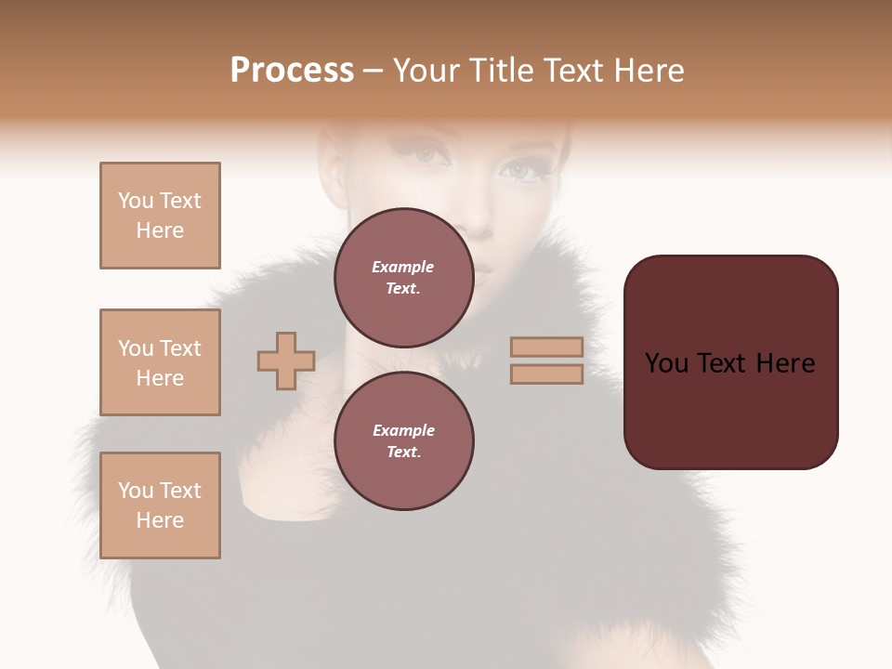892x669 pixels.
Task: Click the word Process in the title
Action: click(x=292, y=71)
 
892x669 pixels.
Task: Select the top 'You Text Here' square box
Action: click(x=160, y=216)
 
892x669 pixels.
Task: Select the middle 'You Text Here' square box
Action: click(x=160, y=362)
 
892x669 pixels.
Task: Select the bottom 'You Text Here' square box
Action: click(x=160, y=505)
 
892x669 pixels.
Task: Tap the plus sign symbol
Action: click(x=286, y=361)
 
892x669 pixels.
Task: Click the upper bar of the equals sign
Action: click(x=546, y=347)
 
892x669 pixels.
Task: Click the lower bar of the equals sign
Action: click(x=546, y=374)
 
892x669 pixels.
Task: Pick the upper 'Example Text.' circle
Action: click(x=403, y=277)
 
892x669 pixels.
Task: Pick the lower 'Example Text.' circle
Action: click(x=403, y=440)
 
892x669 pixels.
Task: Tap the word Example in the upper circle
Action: click(x=403, y=267)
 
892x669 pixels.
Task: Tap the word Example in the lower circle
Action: click(x=403, y=430)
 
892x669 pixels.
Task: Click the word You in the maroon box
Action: click(x=666, y=363)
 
